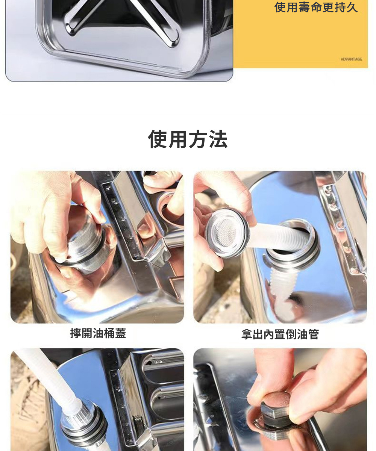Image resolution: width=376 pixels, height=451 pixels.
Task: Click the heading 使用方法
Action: pos(188,139)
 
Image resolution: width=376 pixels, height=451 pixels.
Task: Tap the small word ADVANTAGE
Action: pos(351,59)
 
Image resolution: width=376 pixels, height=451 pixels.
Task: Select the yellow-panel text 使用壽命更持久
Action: pos(316,8)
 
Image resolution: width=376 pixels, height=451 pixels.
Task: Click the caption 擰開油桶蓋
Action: pos(98,333)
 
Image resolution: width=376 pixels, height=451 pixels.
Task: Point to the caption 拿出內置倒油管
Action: pos(280,334)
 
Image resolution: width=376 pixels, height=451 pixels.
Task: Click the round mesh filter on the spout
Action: pos(227,233)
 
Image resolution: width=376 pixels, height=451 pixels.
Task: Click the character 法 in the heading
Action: pos(218,139)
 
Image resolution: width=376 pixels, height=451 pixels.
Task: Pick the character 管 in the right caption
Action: pos(313,334)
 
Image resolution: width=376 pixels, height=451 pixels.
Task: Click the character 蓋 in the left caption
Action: pos(121,333)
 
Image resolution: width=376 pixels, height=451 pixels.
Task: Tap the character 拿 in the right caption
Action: pos(247,334)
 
